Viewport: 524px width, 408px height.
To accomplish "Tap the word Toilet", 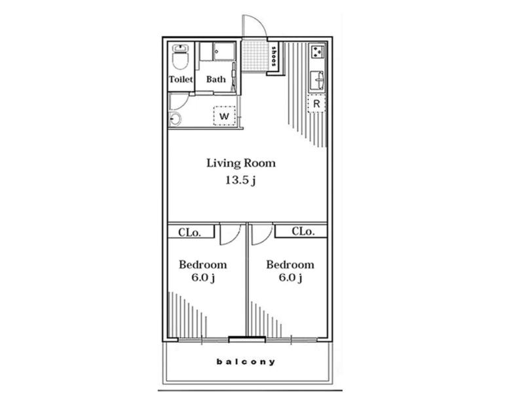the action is click(181, 79).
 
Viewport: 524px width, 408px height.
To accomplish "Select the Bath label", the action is click(215, 79).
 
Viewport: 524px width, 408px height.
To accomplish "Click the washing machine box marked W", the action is click(224, 116).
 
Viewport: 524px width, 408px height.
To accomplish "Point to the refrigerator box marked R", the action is click(316, 103).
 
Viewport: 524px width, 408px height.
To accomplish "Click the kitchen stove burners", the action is click(318, 52).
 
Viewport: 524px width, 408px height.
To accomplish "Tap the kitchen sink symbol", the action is click(318, 80).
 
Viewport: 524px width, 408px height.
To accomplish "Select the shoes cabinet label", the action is click(274, 56).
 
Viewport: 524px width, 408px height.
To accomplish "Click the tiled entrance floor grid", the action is click(255, 56).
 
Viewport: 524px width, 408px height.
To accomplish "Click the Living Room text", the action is click(241, 163).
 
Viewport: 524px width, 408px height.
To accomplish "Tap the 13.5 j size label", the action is click(240, 181).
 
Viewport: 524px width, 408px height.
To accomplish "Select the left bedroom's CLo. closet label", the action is click(190, 232).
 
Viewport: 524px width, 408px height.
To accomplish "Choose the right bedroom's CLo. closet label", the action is click(303, 231).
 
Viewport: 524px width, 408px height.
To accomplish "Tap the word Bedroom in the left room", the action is click(203, 265).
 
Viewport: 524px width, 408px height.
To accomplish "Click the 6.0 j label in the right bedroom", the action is click(290, 278).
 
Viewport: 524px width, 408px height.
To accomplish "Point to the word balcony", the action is click(246, 362).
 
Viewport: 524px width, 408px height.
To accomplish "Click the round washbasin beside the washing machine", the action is click(175, 119).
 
